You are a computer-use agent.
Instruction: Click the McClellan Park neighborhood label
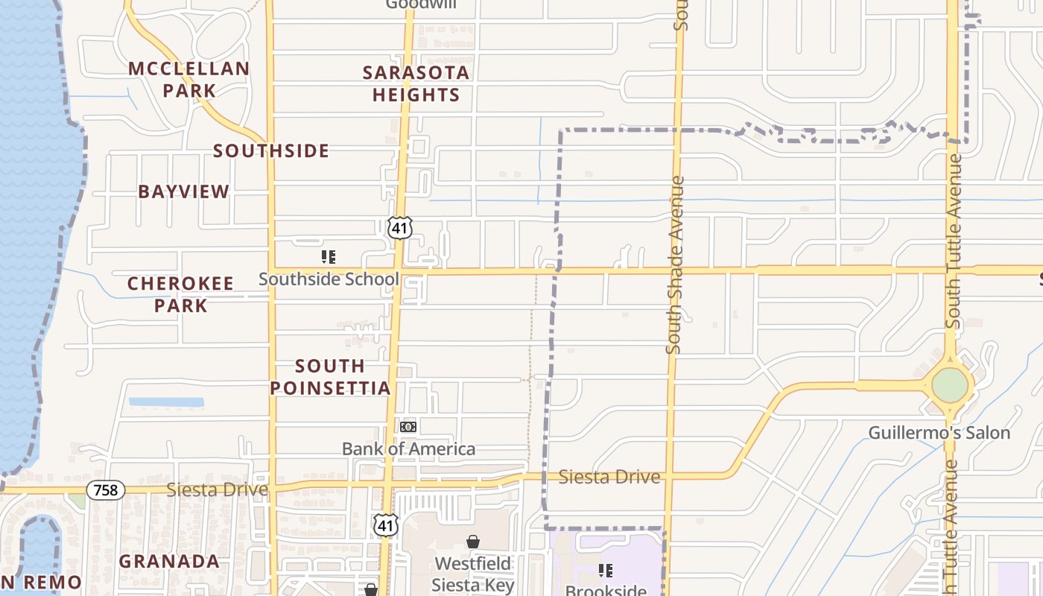(x=188, y=80)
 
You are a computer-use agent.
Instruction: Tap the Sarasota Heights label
(x=416, y=83)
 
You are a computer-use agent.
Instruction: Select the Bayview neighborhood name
(x=184, y=191)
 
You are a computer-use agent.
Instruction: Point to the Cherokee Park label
(x=180, y=294)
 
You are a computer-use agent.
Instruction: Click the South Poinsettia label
(x=330, y=377)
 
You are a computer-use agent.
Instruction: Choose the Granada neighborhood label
(x=169, y=561)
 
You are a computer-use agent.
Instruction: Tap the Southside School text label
(x=329, y=279)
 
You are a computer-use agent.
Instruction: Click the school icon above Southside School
(x=329, y=258)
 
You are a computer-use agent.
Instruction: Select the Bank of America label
(x=408, y=448)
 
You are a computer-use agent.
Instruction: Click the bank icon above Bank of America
(x=408, y=427)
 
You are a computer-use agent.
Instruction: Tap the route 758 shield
(x=106, y=489)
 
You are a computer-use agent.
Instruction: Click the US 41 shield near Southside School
(x=400, y=228)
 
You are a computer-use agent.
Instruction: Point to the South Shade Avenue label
(x=675, y=264)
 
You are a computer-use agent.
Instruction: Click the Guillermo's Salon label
(x=939, y=433)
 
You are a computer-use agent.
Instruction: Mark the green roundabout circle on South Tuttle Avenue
(x=950, y=385)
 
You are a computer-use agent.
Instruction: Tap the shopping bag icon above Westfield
(x=473, y=542)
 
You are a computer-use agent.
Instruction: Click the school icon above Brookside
(x=606, y=571)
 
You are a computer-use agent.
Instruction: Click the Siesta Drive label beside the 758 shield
(x=217, y=489)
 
